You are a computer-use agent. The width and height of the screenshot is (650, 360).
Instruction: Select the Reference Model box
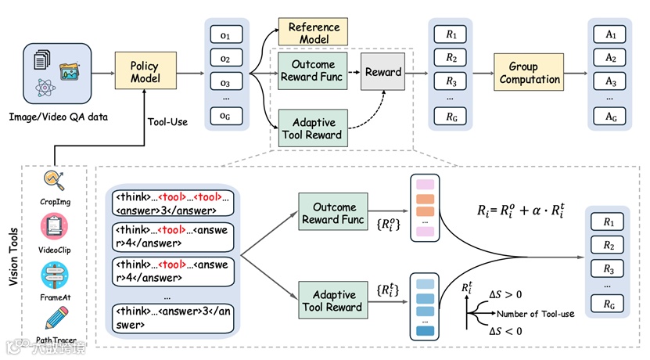tap(314, 32)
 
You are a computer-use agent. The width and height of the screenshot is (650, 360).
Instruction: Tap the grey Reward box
tap(382, 73)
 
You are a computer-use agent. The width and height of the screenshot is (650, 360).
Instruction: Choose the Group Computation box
tap(529, 74)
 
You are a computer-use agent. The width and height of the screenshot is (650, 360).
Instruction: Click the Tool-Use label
tap(167, 121)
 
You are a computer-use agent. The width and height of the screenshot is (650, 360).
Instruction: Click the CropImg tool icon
tap(54, 182)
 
